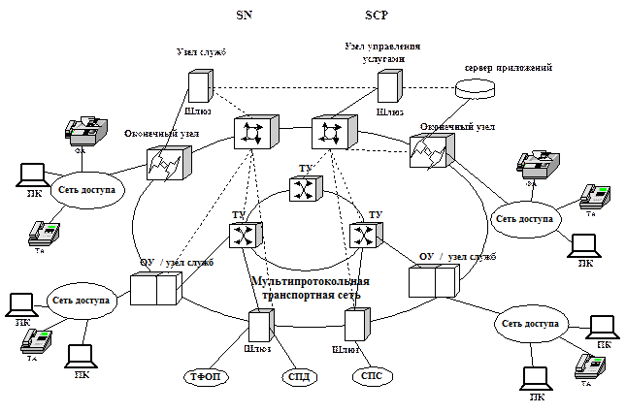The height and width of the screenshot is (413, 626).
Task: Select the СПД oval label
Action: click(300, 376)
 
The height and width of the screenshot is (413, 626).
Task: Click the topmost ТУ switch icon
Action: click(305, 186)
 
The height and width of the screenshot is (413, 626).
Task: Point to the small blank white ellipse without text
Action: click(476, 85)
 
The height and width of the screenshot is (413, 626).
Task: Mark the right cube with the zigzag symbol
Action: click(430, 153)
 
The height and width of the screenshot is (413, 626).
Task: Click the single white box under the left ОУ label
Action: click(169, 289)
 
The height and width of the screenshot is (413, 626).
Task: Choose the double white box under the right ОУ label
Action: click(432, 281)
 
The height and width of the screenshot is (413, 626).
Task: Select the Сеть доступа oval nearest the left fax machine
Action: click(86, 191)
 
